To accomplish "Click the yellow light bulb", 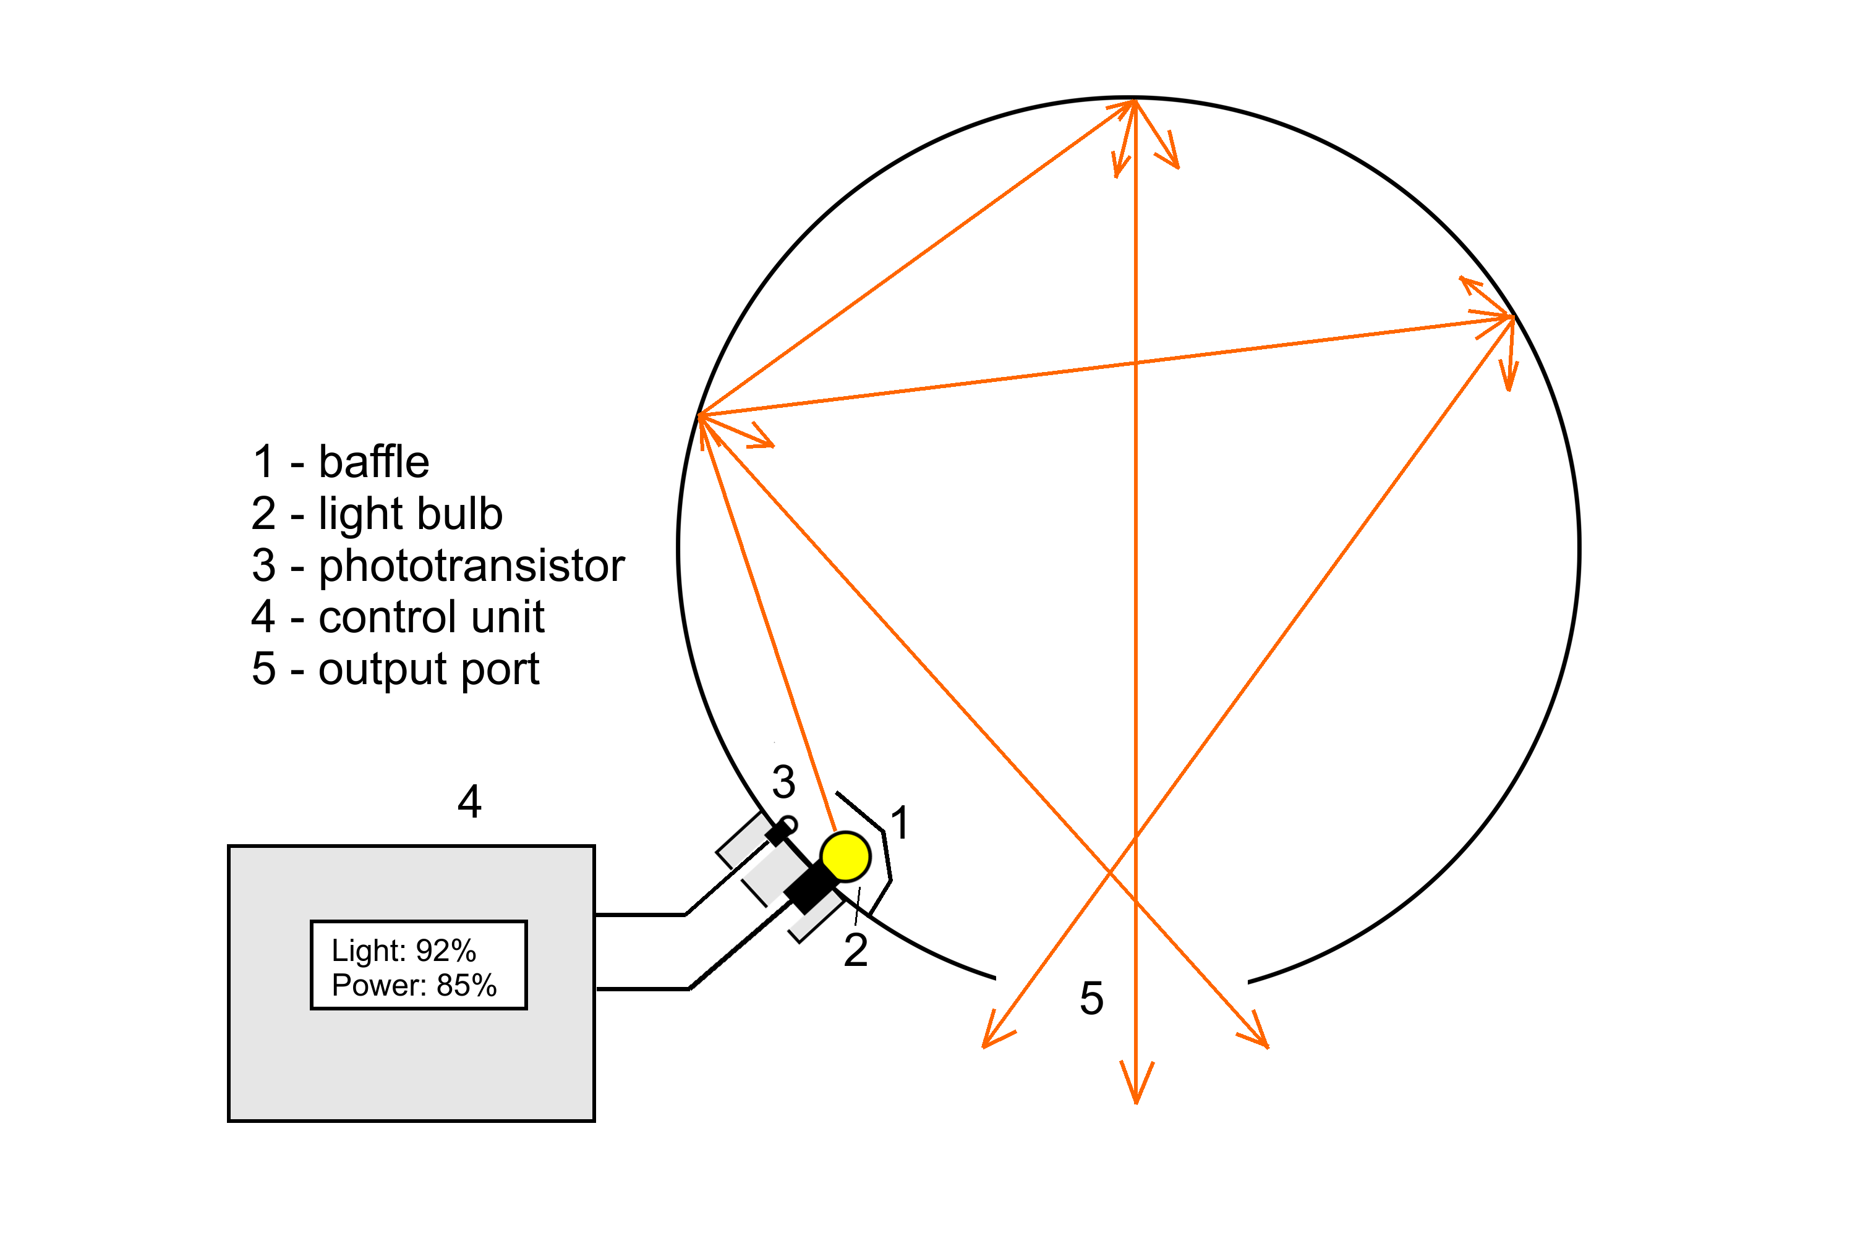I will tap(845, 856).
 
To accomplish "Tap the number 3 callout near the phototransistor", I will tap(783, 782).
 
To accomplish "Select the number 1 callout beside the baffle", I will tap(899, 823).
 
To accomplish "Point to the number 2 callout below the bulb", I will tap(855, 950).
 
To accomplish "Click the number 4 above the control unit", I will tap(469, 802).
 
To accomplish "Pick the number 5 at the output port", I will tap(1091, 999).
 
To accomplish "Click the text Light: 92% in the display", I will tap(404, 950).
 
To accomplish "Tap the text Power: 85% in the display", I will tap(414, 985).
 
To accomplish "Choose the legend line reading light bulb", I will tap(410, 514).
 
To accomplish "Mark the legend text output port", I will tap(429, 669).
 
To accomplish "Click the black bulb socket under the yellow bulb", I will tap(809, 889).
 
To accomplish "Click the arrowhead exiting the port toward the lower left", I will tap(992, 1036).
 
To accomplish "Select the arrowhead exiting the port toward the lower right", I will tap(1259, 1036).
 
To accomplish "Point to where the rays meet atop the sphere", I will tap(1135, 101).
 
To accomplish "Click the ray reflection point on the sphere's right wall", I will tap(1512, 317).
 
